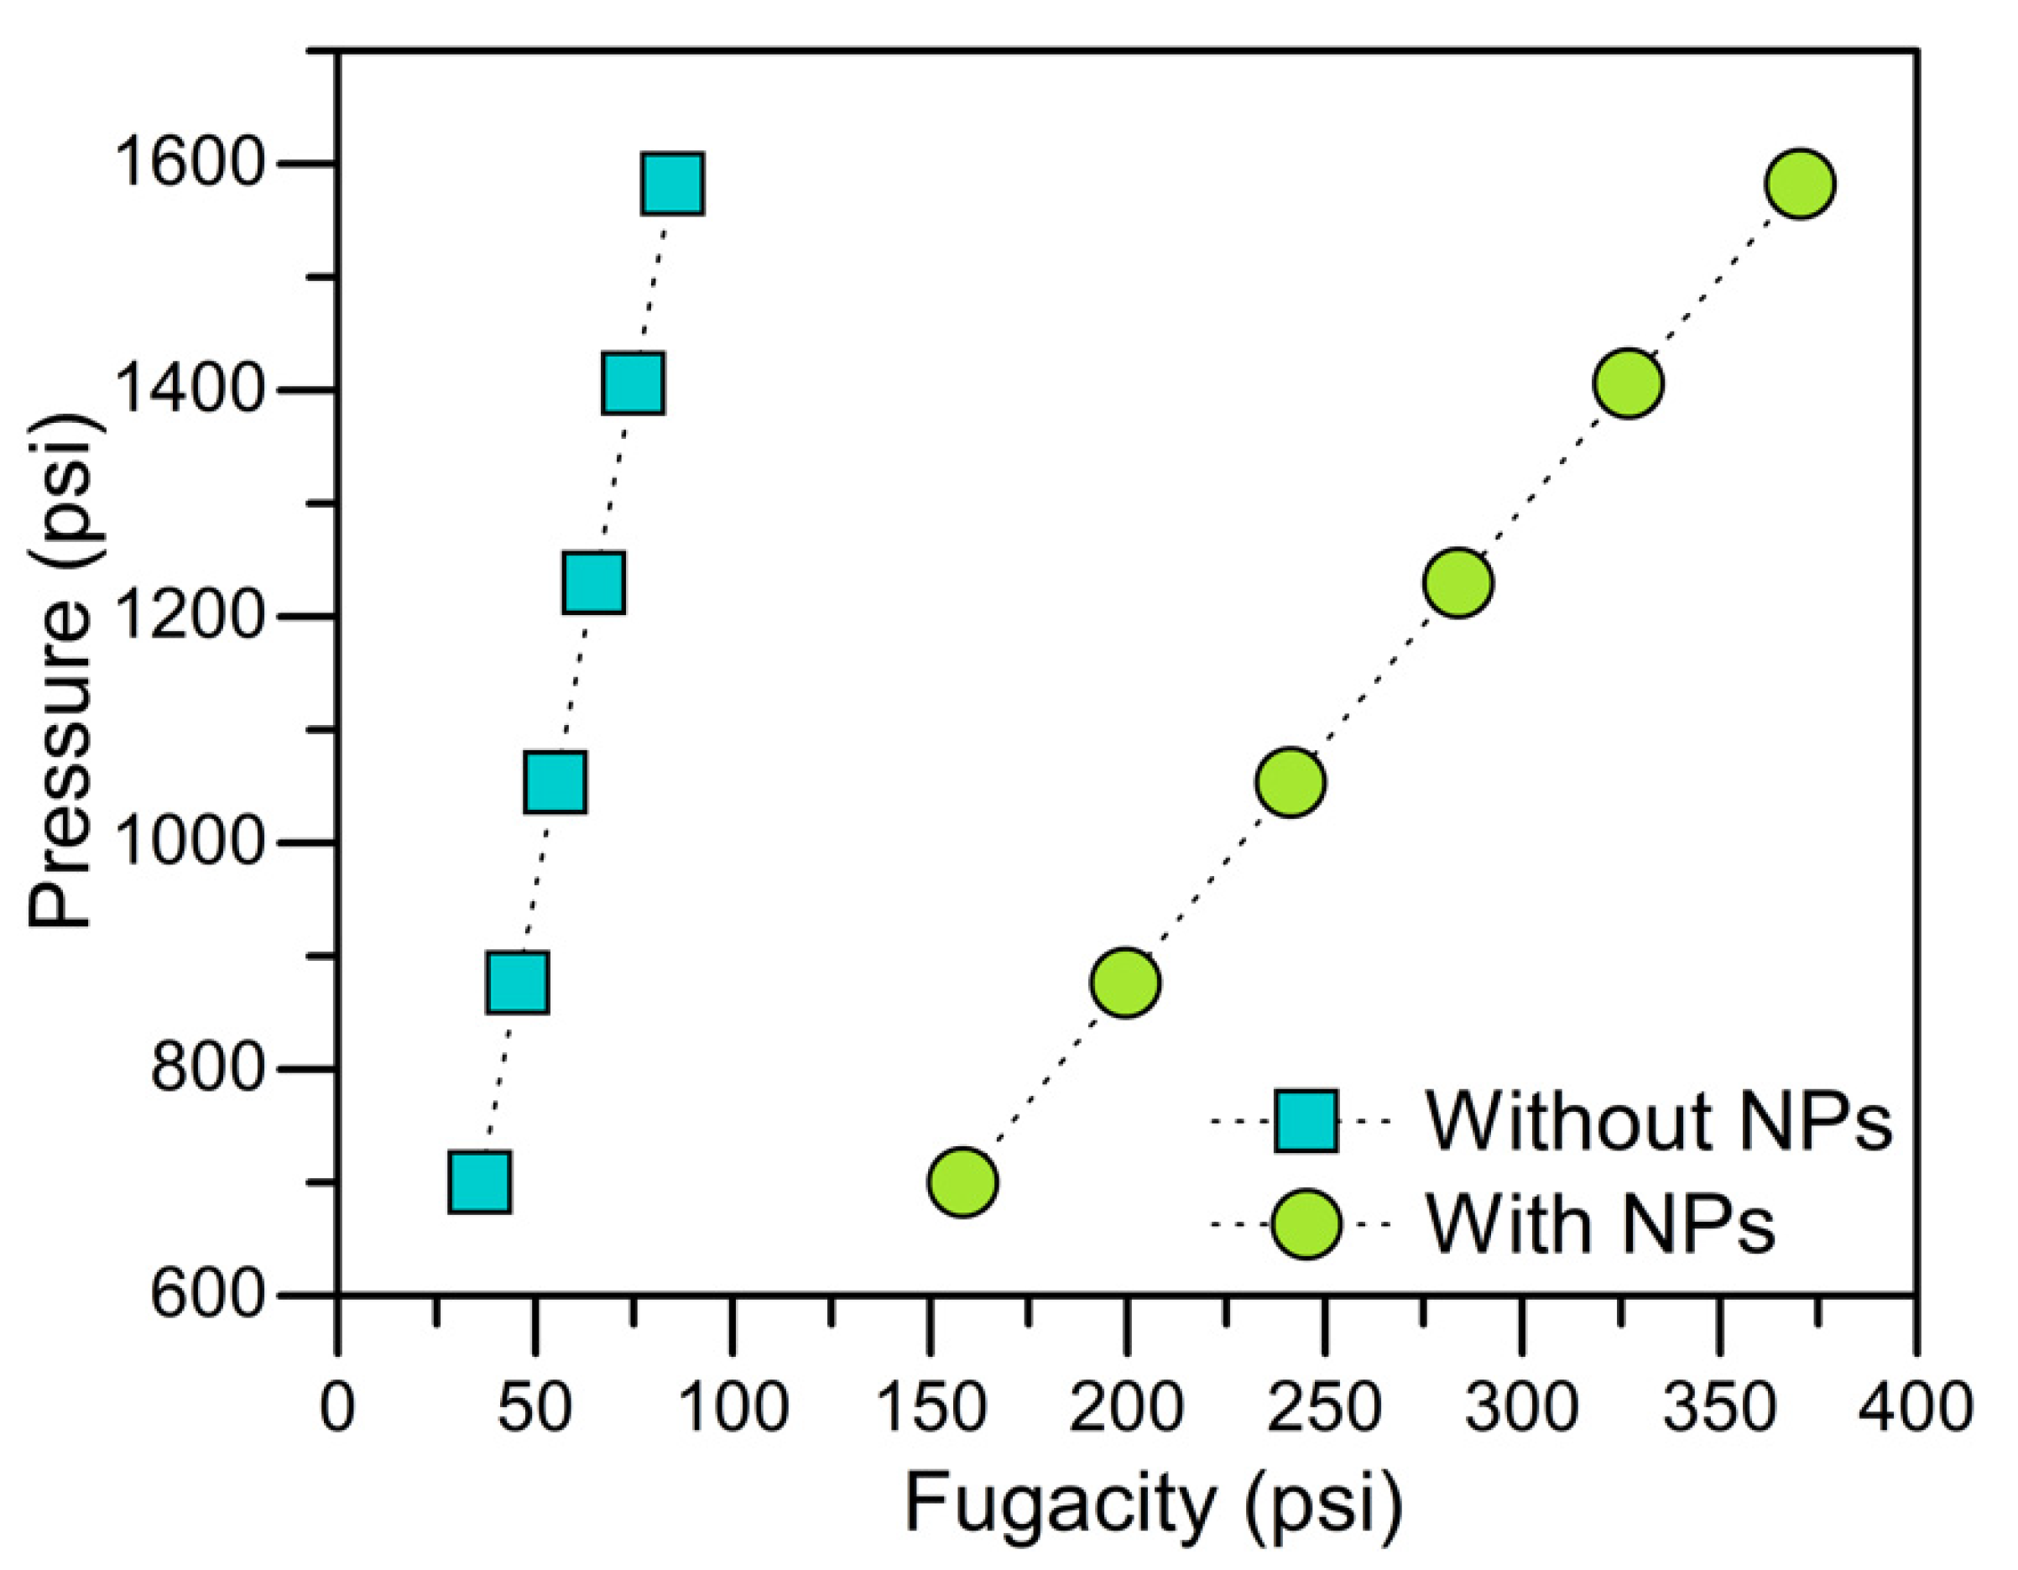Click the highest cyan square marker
coord(673,184)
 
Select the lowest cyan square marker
coord(480,1181)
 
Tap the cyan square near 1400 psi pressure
coord(633,383)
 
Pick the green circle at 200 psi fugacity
coord(1124,983)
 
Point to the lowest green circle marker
coord(962,1181)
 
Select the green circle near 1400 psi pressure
coord(1628,383)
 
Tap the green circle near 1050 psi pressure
coord(1291,783)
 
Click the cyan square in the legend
coord(1306,1122)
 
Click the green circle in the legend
coord(1306,1224)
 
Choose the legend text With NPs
coord(1599,1224)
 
